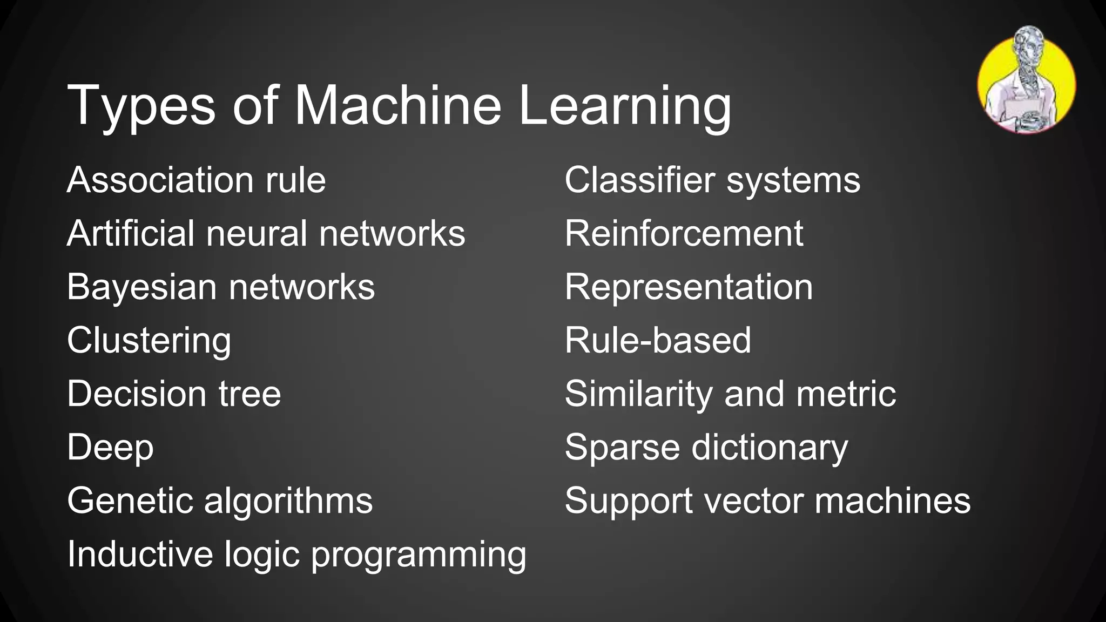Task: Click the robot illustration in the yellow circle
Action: point(1026,81)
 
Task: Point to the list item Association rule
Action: point(196,180)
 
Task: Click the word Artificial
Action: point(130,233)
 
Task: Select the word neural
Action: point(256,233)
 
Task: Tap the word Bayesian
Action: point(141,287)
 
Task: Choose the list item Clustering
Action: point(149,341)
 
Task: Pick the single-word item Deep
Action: point(110,448)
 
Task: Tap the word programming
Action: point(419,555)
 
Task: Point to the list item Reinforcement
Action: point(684,233)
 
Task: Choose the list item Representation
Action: point(689,287)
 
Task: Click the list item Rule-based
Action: point(658,340)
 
